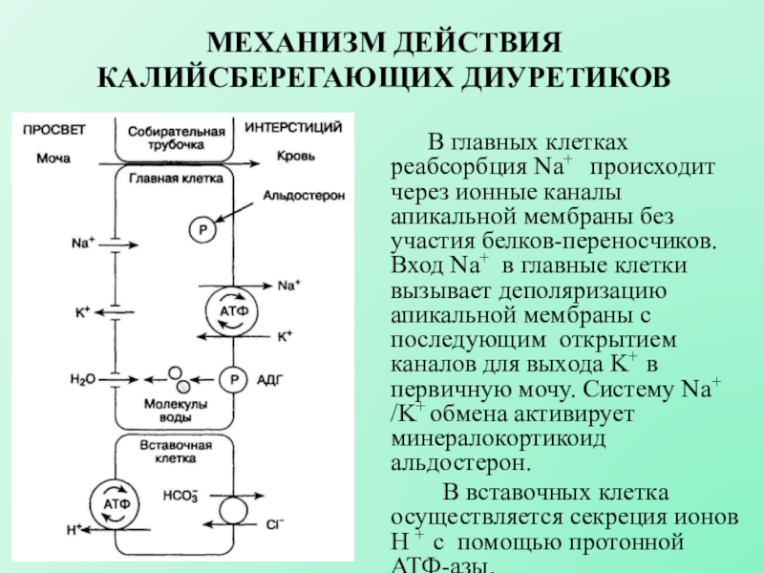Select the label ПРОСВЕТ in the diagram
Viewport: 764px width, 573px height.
click(54, 130)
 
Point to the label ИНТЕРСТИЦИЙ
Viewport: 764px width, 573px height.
click(293, 128)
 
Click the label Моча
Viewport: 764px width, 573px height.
click(53, 159)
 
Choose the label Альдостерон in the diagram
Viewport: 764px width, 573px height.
click(304, 196)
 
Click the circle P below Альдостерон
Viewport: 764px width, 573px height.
click(202, 229)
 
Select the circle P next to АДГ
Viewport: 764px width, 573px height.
click(234, 379)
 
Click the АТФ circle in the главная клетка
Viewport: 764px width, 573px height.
click(232, 312)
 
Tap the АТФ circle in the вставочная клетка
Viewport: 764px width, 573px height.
click(116, 504)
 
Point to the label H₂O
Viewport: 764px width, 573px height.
click(83, 379)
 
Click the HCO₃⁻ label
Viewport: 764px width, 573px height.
click(180, 495)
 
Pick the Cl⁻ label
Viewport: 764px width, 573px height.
click(275, 524)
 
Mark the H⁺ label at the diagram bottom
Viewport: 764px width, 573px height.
click(74, 530)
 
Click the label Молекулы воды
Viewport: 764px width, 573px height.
click(176, 411)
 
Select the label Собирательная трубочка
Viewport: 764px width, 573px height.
click(177, 138)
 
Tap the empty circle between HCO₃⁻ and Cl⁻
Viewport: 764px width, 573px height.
click(233, 511)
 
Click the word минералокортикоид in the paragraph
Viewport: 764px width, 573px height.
click(498, 438)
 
